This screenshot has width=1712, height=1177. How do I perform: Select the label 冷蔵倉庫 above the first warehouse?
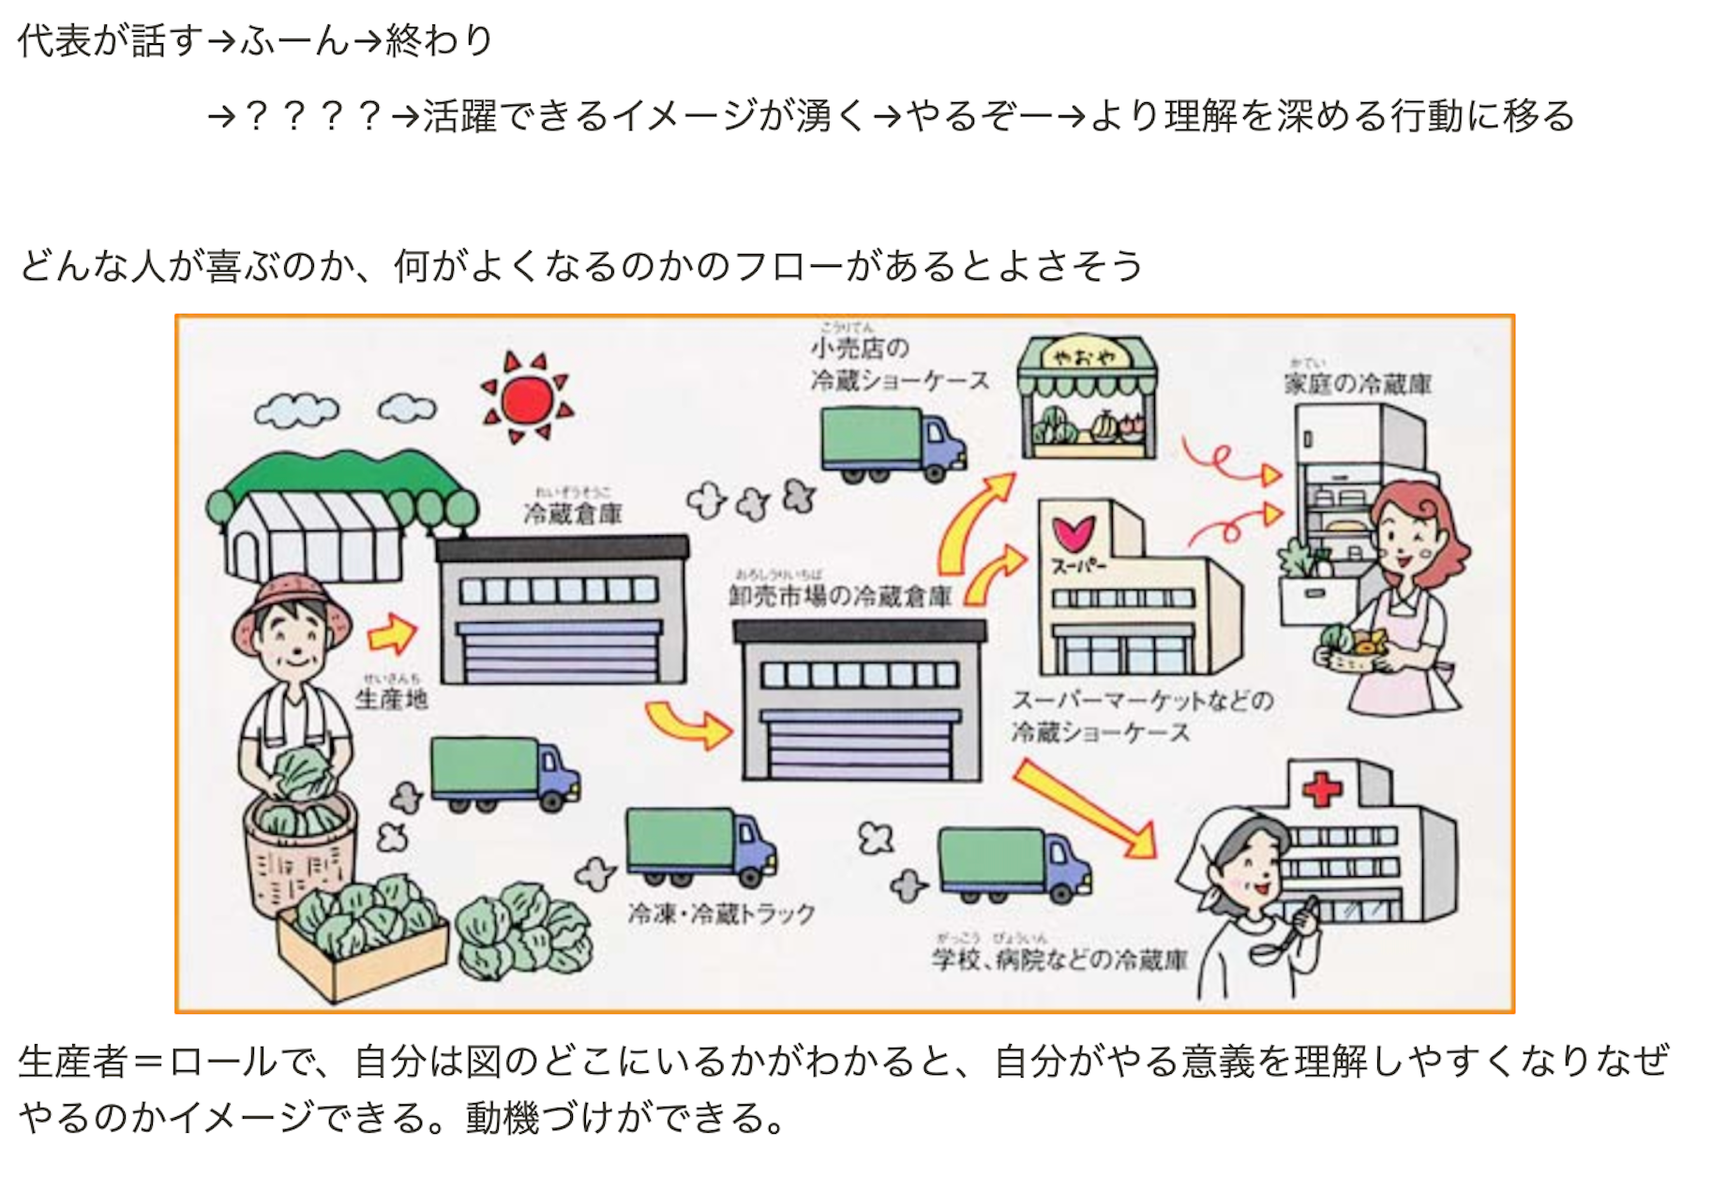(x=573, y=514)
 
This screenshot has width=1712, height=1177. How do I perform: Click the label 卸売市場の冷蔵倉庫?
(x=840, y=596)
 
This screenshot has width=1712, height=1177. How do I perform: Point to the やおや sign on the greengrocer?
(x=1086, y=357)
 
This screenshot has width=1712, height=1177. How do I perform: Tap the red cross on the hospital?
(x=1322, y=789)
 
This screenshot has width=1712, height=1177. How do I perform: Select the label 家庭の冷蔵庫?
(x=1358, y=384)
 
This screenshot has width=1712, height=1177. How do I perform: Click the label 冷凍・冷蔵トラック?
(x=721, y=914)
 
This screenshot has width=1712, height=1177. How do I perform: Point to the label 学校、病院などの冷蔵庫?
(x=1059, y=959)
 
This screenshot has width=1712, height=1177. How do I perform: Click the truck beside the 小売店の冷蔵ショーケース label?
(x=892, y=445)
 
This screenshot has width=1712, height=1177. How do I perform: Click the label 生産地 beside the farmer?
(x=392, y=698)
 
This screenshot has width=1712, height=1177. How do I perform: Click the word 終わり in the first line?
(x=439, y=40)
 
